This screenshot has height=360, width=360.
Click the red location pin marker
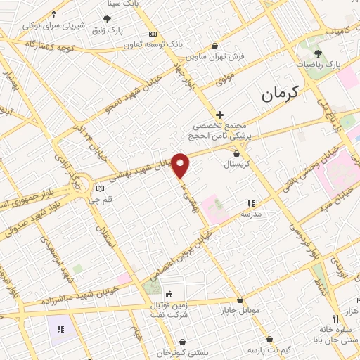click(181, 165)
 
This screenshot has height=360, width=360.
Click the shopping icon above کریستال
click(236, 153)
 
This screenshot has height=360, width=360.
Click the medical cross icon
click(219, 114)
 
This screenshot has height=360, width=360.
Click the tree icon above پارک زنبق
click(107, 20)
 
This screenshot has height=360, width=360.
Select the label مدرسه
click(251, 212)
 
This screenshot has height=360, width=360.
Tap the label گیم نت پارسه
click(269, 349)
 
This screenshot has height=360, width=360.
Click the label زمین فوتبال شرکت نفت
click(168, 309)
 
